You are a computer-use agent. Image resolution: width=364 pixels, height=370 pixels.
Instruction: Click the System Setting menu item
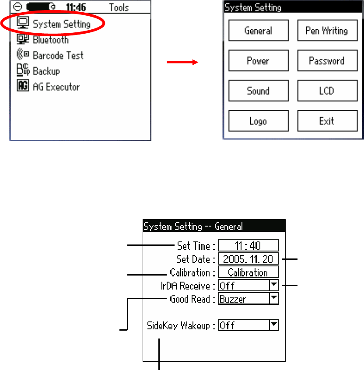pyautogui.click(x=61, y=24)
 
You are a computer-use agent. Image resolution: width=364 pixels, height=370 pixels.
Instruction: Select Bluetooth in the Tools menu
pyautogui.click(x=50, y=40)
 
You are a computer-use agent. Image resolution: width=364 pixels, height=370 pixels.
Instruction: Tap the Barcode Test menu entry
pyautogui.click(x=58, y=56)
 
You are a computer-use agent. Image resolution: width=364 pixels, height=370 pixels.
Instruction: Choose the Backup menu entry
pyautogui.click(x=46, y=71)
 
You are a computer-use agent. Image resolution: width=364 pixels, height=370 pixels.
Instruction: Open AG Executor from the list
pyautogui.click(x=56, y=87)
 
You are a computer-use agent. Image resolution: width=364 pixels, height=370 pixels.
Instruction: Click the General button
pyautogui.click(x=258, y=31)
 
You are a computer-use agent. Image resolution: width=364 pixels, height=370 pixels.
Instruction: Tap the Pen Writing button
pyautogui.click(x=326, y=31)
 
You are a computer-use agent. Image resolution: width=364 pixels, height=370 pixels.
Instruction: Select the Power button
pyautogui.click(x=258, y=61)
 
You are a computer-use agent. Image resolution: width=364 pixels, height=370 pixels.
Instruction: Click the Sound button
pyautogui.click(x=258, y=91)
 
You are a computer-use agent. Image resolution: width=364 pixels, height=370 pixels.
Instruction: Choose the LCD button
pyautogui.click(x=326, y=91)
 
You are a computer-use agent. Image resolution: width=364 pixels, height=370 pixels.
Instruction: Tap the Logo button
pyautogui.click(x=258, y=121)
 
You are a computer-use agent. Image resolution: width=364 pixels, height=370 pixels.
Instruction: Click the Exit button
pyautogui.click(x=326, y=121)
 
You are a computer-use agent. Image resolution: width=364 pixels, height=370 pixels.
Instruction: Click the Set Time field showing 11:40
pyautogui.click(x=248, y=246)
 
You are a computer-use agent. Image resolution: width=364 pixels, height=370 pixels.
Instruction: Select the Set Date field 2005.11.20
pyautogui.click(x=248, y=259)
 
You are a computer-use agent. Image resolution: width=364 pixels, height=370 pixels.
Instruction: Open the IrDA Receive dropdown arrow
pyautogui.click(x=273, y=286)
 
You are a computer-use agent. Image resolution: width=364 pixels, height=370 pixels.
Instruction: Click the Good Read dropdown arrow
pyautogui.click(x=273, y=299)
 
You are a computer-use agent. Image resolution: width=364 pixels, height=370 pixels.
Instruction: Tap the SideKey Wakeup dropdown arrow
pyautogui.click(x=273, y=325)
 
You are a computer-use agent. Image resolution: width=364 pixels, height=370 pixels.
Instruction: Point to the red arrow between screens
pyautogui.click(x=182, y=63)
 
